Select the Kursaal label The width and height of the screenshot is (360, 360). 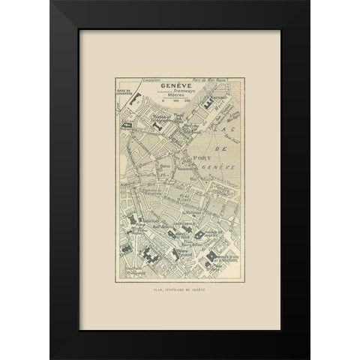click(x=217, y=95)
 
